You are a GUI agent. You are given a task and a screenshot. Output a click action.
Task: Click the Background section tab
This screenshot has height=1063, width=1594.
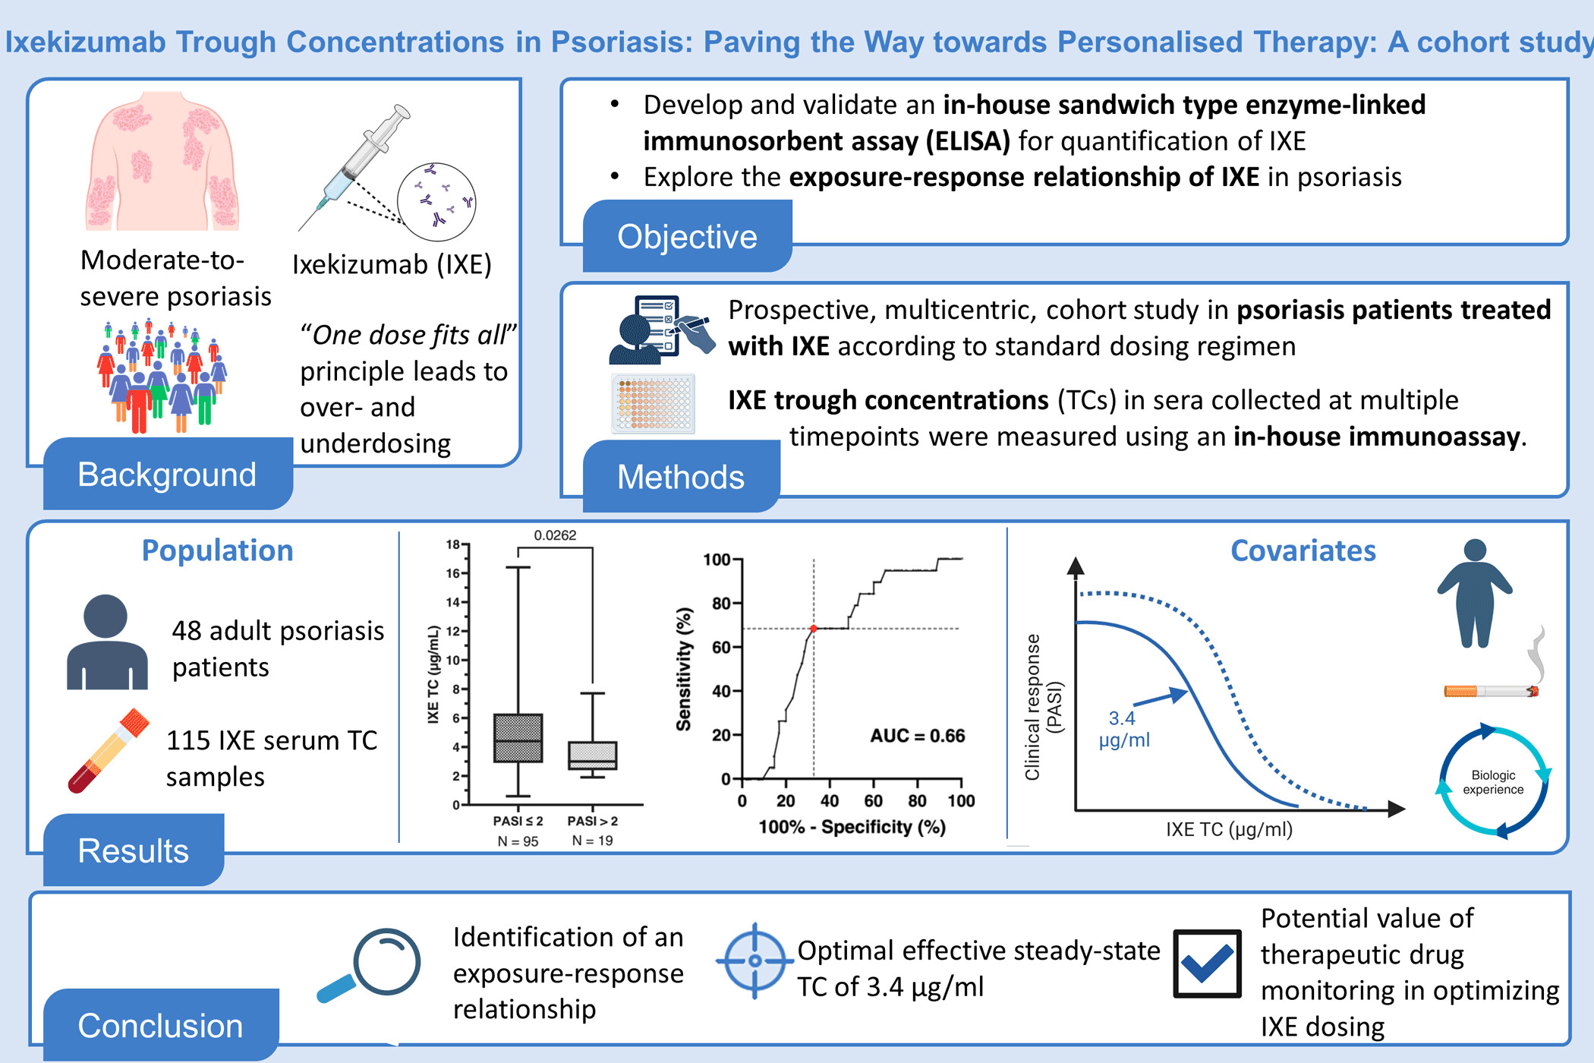coord(167,475)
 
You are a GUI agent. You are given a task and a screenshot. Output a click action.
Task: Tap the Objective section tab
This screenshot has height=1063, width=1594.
coord(687,237)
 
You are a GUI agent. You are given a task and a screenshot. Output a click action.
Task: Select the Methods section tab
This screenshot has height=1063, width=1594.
coord(681,477)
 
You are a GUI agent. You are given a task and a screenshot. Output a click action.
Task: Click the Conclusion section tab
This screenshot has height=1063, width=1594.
coord(160,1025)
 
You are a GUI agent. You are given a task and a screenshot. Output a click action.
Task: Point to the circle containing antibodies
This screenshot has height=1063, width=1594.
coord(437,201)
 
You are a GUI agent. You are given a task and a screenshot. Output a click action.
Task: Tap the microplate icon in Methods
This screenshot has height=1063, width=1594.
coord(654,403)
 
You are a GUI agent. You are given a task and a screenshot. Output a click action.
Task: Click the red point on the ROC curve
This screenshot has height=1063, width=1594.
coord(814,629)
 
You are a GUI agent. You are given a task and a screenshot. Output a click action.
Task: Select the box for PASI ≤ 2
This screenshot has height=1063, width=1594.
coord(518,737)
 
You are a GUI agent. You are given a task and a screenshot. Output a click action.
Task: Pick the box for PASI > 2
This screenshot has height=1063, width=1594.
coord(593,755)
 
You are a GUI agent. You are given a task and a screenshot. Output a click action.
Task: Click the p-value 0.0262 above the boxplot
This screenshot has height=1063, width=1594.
coord(555,535)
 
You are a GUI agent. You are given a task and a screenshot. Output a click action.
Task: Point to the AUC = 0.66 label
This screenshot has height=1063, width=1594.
coord(917,736)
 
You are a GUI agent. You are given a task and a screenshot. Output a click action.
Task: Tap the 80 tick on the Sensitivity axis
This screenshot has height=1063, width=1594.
coord(720,604)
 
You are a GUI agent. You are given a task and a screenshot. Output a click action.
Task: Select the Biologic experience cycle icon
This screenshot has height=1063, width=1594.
coord(1493,782)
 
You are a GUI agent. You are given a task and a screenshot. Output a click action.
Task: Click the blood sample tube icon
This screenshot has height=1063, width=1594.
coord(109,751)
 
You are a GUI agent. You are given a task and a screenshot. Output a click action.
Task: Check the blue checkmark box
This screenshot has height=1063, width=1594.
coord(1207,964)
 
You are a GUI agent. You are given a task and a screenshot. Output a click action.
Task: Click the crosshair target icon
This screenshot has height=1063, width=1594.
coord(754,960)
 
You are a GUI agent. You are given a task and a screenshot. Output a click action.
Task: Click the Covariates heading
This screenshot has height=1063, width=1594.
coord(1303,550)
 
